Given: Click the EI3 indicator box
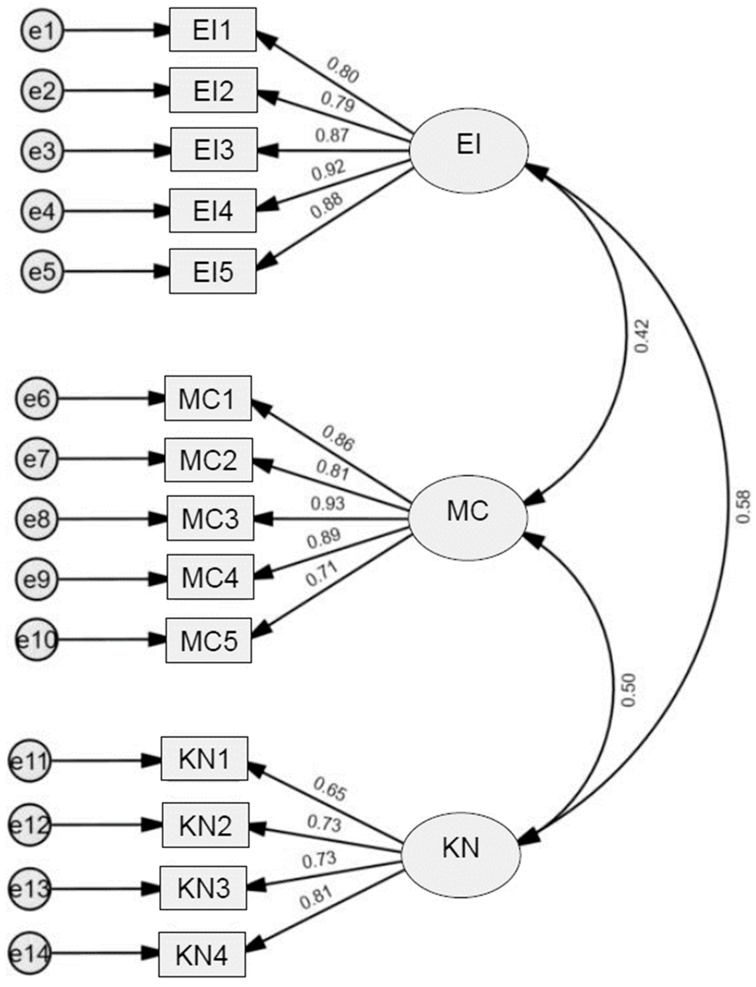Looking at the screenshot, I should point(214,150).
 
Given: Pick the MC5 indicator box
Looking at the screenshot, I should point(208,640).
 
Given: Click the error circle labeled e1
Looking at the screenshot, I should point(42,31).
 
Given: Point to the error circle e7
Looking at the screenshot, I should point(37,459).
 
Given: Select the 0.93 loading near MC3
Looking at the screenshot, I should point(327,504).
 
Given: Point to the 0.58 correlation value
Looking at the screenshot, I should point(743,507).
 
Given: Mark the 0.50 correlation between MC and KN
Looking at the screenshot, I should point(629,690).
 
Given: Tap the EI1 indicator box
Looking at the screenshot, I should point(213,30).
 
